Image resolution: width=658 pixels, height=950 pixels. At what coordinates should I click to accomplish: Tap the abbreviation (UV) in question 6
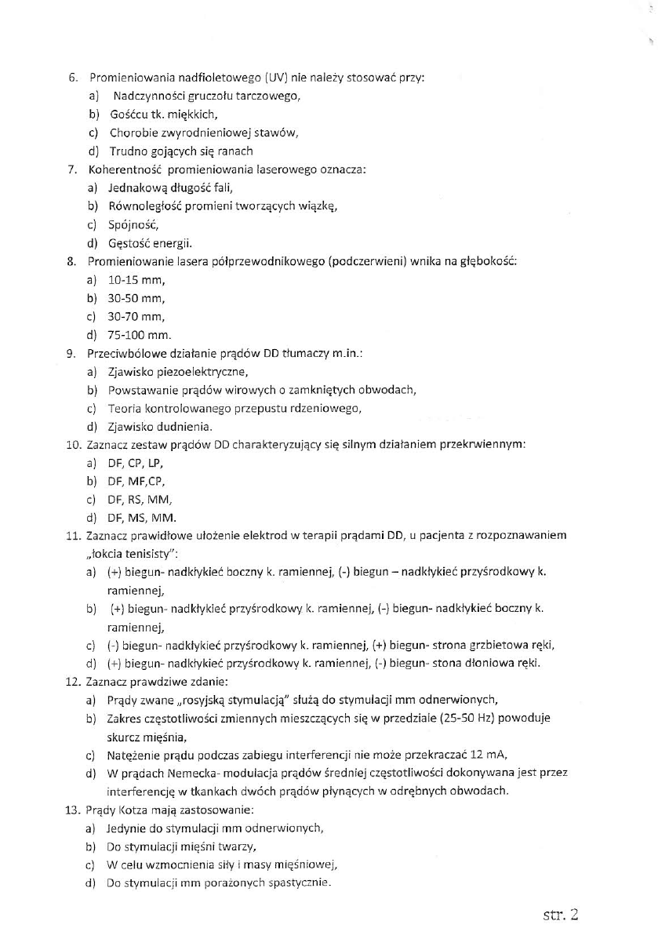click(278, 78)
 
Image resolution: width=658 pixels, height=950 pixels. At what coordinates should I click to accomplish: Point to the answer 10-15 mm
click(136, 280)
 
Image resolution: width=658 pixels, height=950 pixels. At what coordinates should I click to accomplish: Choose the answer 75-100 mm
click(139, 335)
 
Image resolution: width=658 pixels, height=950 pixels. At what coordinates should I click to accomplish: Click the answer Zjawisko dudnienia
click(160, 427)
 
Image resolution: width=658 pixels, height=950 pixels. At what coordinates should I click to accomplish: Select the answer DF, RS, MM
click(140, 500)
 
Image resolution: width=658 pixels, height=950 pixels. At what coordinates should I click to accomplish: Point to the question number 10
click(71, 445)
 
